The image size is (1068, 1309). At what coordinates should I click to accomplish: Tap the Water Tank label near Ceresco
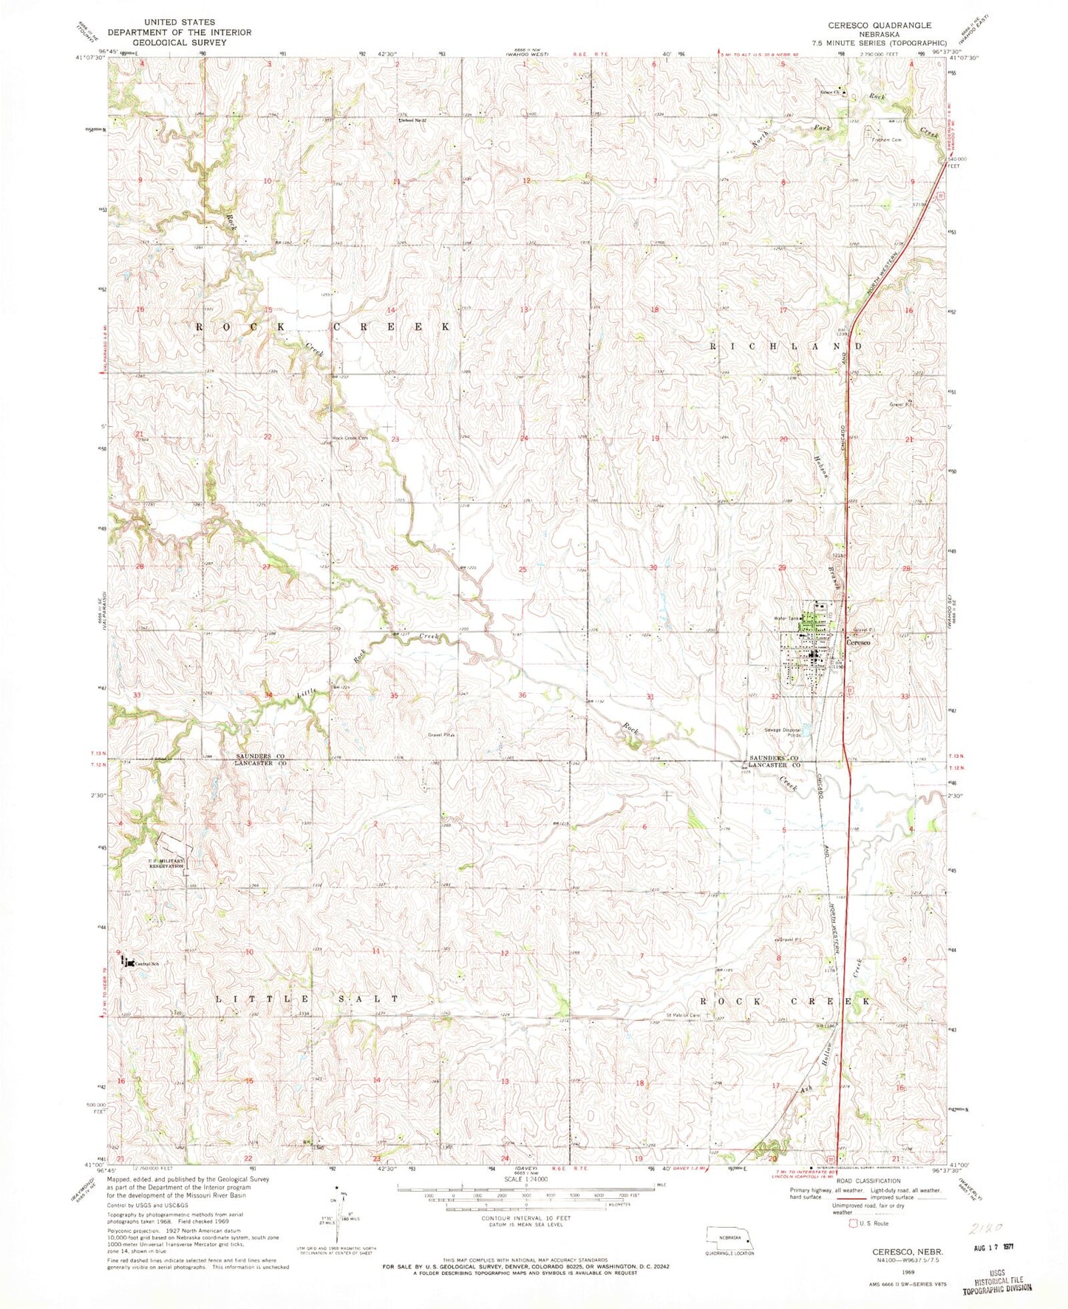click(784, 618)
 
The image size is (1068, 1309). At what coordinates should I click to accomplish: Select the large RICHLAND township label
click(786, 346)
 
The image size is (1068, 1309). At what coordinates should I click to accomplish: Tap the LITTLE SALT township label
click(307, 998)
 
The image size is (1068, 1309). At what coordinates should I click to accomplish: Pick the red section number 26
click(395, 568)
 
